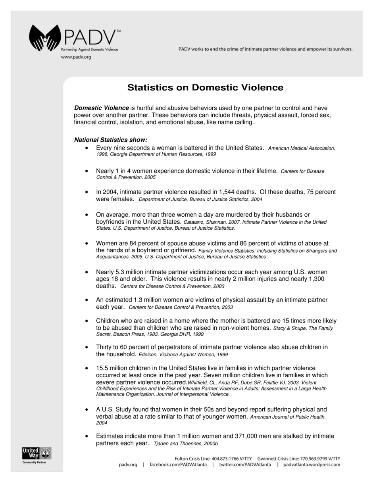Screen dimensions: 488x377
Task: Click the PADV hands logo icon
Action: (45, 38)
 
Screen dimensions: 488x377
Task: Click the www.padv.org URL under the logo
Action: (76, 57)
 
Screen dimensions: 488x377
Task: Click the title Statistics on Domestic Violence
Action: (205, 88)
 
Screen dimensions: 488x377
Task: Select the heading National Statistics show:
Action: (111, 140)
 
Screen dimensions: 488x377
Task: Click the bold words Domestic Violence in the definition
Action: (102, 108)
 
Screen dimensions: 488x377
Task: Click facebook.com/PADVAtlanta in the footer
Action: (178, 465)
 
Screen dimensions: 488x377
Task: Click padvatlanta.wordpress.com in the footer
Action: (312, 465)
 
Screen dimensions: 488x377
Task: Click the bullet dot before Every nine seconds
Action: (87, 148)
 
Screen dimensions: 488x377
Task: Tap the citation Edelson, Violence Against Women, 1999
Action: (183, 354)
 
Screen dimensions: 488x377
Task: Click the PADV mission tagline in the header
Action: (265, 49)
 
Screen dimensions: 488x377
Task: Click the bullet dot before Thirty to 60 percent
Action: (87, 347)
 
